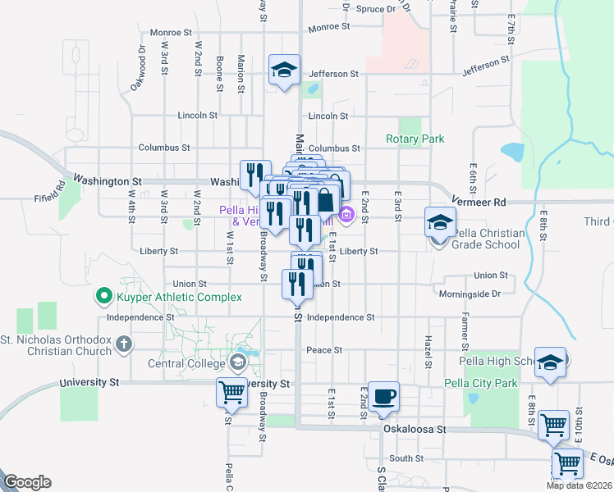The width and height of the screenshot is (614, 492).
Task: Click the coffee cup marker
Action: tap(383, 397)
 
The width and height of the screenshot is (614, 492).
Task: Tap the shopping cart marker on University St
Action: tap(231, 394)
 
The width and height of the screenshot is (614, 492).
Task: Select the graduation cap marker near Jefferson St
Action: tap(284, 70)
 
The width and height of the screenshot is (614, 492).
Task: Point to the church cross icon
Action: tap(123, 344)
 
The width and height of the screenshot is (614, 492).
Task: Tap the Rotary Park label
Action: tap(415, 139)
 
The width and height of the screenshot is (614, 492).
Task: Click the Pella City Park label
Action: tap(481, 383)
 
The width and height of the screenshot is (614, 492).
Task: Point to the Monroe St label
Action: tap(328, 27)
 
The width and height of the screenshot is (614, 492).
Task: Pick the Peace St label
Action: tap(324, 350)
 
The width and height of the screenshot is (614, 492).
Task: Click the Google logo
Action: tap(27, 482)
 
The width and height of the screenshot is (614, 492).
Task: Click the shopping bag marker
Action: tap(326, 199)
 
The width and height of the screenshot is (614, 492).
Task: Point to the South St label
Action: tap(406, 458)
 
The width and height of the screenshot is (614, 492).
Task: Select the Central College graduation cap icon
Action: tap(238, 362)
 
